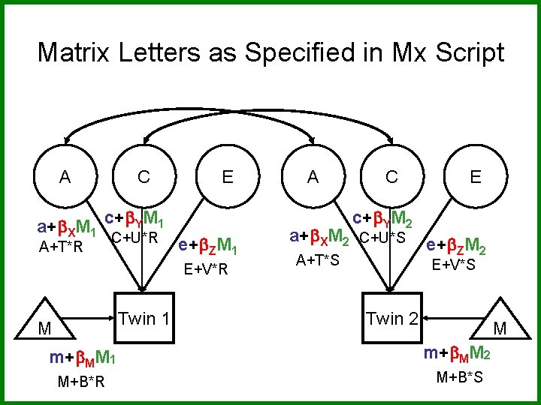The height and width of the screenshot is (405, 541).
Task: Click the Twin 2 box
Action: click(391, 318)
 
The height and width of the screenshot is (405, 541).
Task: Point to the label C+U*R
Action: click(134, 239)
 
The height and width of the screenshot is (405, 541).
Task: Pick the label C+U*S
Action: click(382, 239)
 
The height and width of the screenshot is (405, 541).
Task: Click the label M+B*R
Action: click(81, 382)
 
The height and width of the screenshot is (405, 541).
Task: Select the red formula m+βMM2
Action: click(456, 353)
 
